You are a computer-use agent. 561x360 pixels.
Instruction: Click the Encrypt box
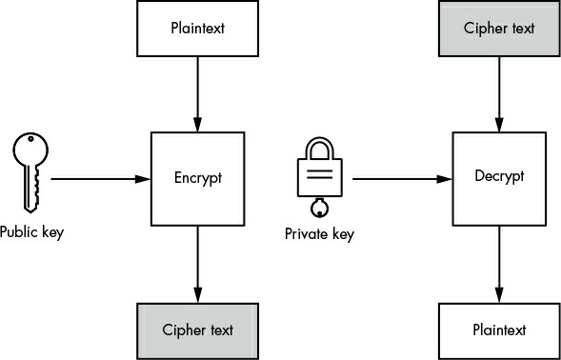click(197, 179)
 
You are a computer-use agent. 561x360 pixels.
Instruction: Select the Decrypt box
click(499, 179)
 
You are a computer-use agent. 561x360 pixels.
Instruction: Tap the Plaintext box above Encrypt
click(197, 29)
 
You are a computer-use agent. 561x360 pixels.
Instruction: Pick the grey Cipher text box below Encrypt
click(197, 331)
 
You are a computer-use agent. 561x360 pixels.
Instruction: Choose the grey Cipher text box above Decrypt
click(499, 29)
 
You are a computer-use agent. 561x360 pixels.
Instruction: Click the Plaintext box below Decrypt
click(499, 331)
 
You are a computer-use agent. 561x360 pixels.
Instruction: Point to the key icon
click(30, 172)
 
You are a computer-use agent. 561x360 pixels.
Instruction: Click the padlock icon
click(319, 177)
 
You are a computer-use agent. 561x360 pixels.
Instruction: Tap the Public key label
click(31, 232)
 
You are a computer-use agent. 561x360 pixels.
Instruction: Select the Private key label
click(319, 234)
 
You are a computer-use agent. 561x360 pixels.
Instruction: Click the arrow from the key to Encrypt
click(101, 179)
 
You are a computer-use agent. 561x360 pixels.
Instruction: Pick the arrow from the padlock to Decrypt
click(403, 179)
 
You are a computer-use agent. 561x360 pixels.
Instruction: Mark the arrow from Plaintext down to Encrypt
click(197, 94)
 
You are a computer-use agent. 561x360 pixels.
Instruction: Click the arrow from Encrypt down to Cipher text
click(197, 265)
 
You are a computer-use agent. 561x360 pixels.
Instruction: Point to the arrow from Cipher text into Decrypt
click(499, 94)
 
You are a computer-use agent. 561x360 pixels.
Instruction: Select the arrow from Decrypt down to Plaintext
click(499, 265)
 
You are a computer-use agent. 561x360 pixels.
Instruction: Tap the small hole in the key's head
click(30, 138)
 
